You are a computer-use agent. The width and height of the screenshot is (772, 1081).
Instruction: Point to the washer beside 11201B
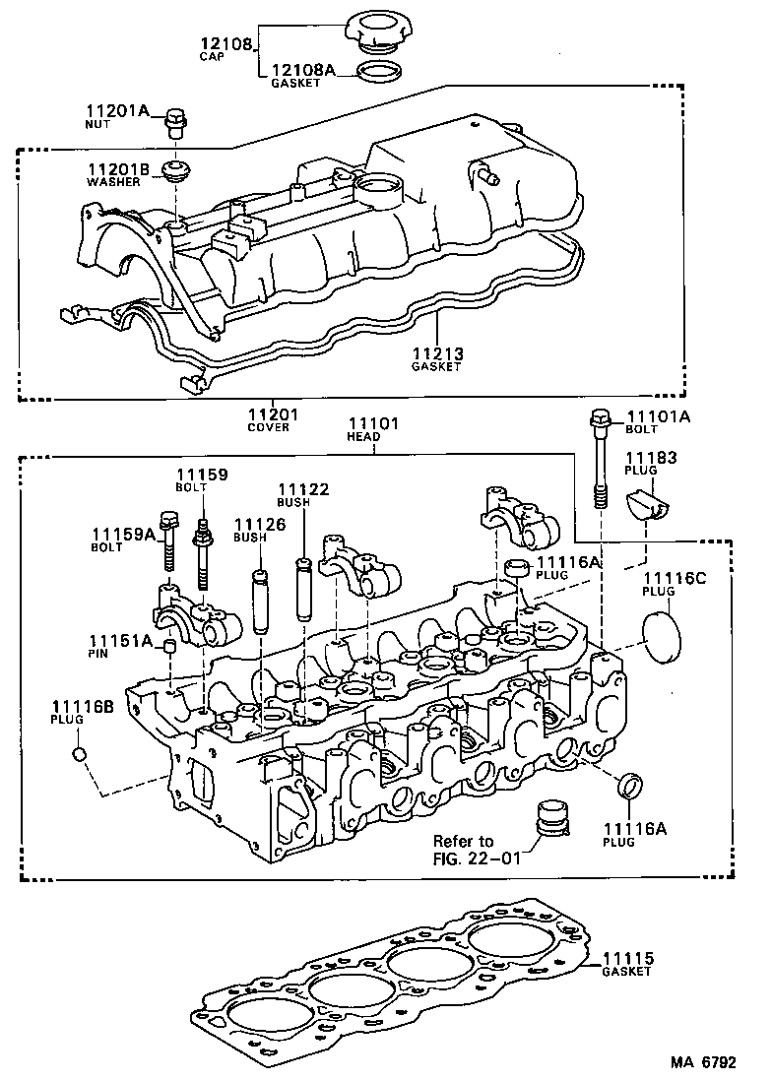(x=176, y=172)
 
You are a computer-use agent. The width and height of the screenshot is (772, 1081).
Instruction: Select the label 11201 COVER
(x=273, y=419)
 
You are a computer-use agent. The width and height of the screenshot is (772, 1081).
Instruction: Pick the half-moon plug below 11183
(x=646, y=505)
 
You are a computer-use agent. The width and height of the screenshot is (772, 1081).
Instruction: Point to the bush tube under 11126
(x=260, y=601)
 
